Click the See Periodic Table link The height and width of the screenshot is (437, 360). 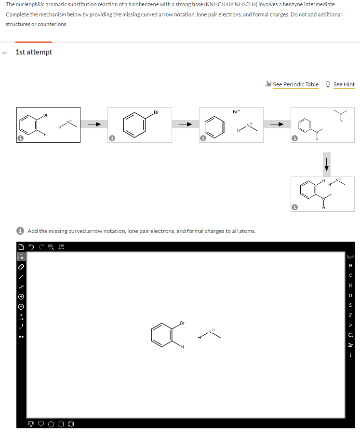click(x=295, y=84)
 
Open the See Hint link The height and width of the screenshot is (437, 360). click(x=344, y=84)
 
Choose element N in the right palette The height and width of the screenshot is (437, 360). click(x=350, y=285)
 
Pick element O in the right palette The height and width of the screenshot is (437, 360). click(x=350, y=295)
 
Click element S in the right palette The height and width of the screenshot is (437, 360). click(x=350, y=305)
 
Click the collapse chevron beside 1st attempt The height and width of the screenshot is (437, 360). click(x=4, y=52)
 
